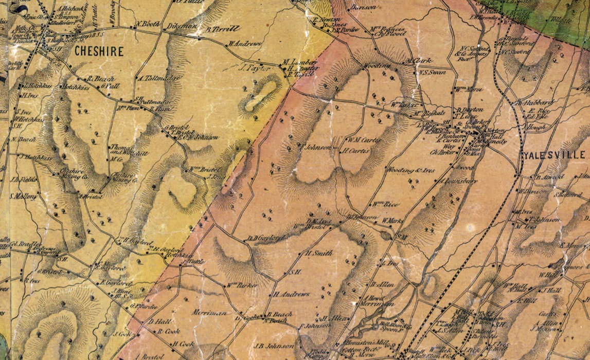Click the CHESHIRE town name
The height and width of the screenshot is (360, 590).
point(99,51)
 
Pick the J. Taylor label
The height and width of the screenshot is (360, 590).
point(256,68)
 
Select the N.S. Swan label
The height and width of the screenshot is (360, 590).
point(432,73)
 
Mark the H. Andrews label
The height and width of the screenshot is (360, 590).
point(292,294)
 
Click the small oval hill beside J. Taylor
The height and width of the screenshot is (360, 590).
point(261,95)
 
